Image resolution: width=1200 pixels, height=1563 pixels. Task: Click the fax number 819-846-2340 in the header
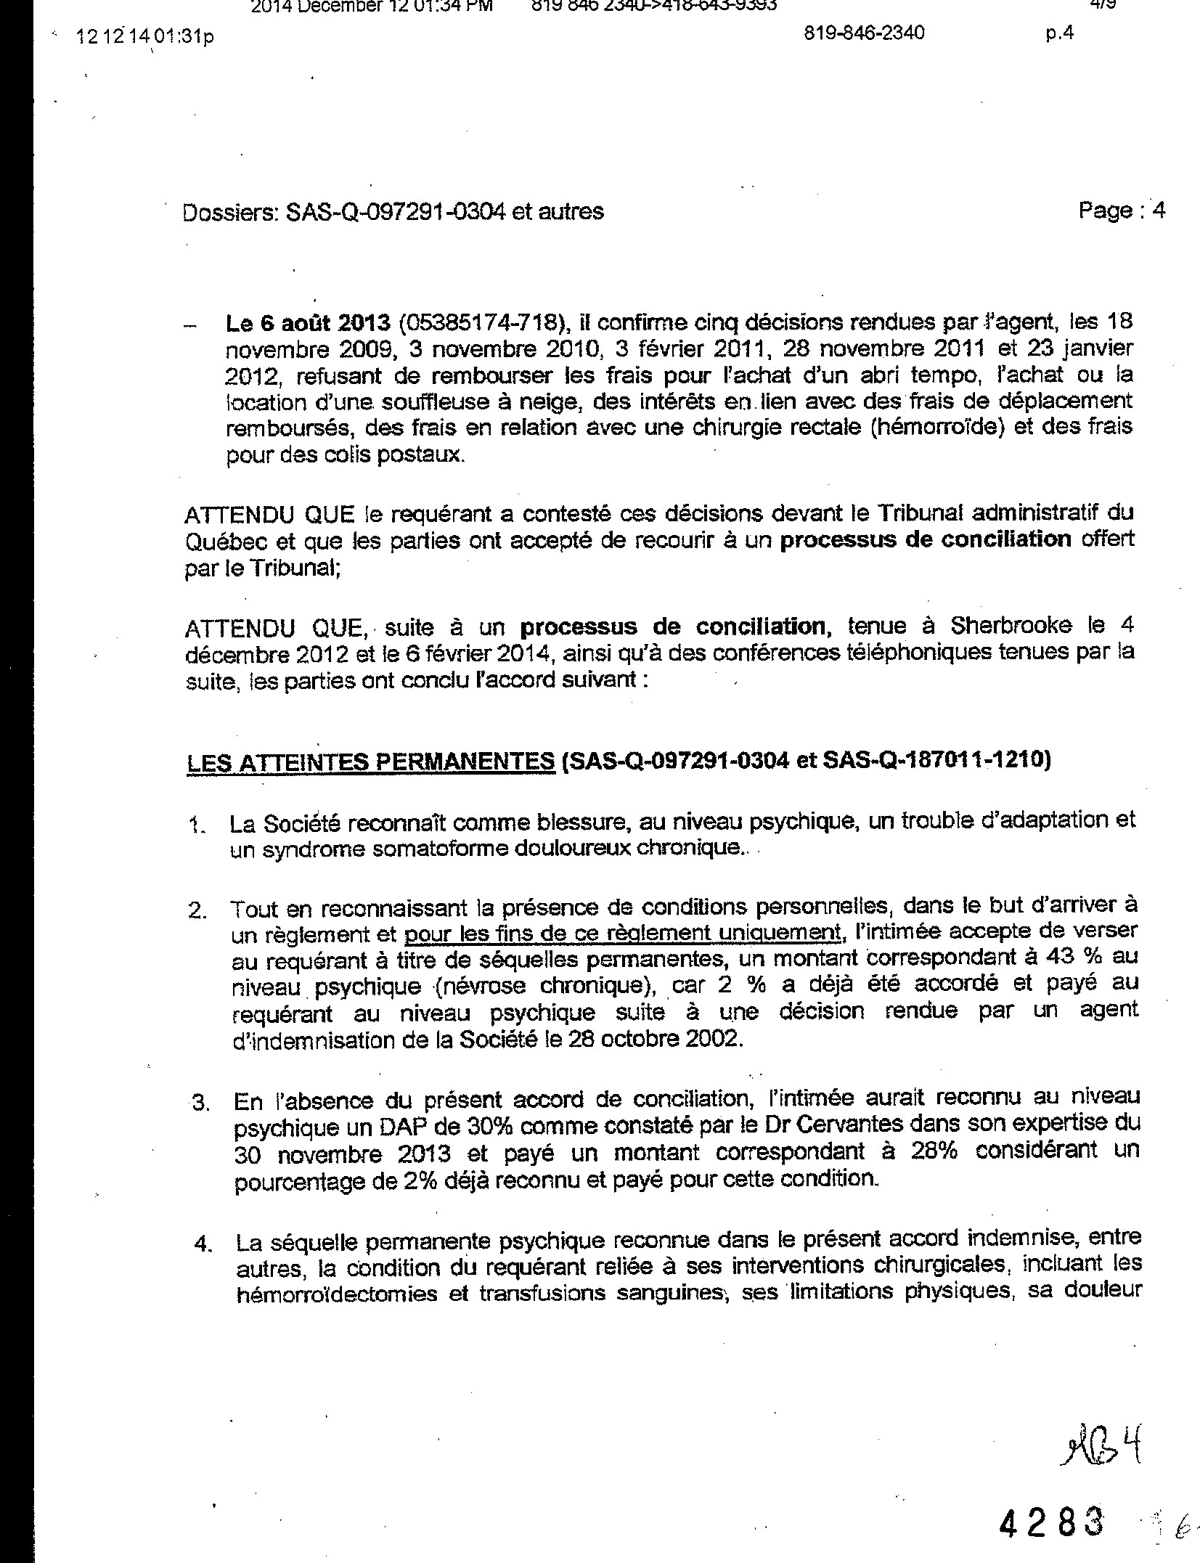pos(865,33)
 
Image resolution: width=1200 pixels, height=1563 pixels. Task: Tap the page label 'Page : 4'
pos(1121,211)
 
